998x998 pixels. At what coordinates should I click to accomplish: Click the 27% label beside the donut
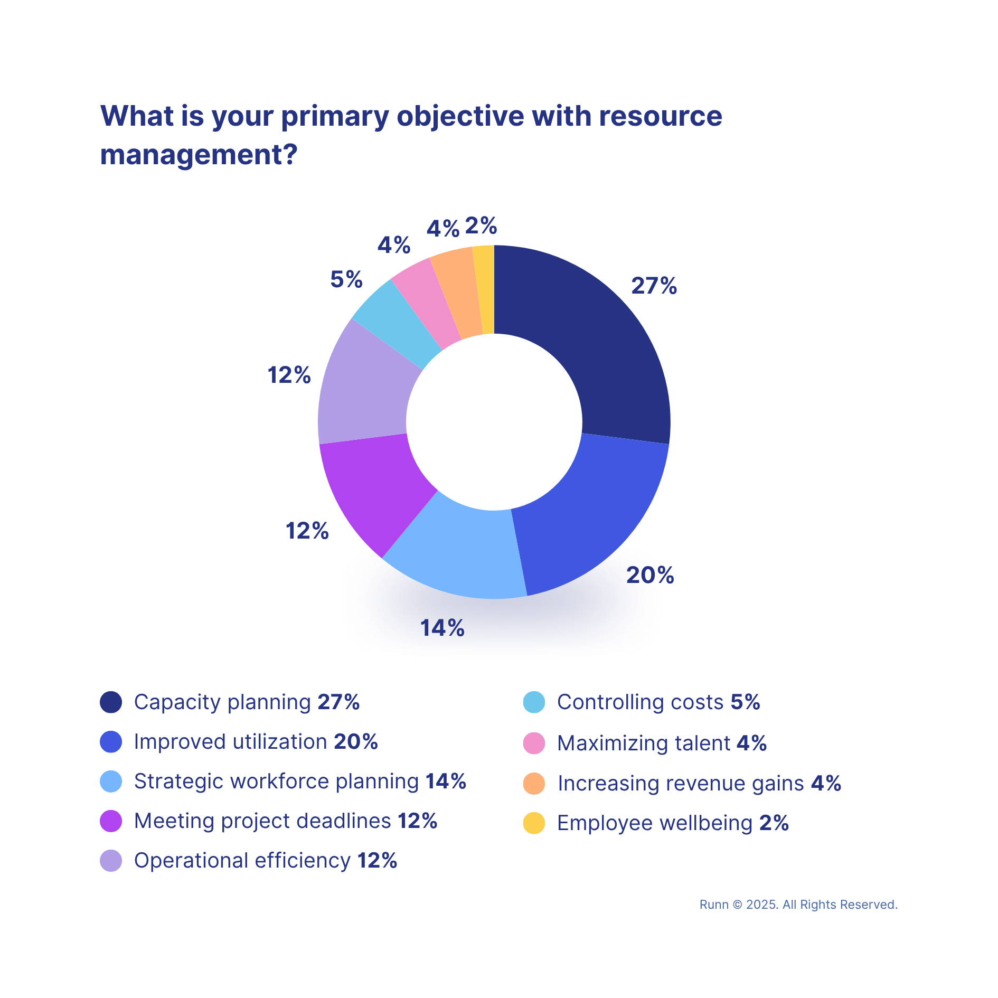coord(654,286)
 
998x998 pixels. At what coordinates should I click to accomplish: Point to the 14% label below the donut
coord(442,628)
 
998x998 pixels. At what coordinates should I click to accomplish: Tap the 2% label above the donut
coord(481,226)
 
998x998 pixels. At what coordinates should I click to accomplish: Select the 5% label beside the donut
coord(346,279)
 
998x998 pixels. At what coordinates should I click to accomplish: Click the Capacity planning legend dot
coord(111,702)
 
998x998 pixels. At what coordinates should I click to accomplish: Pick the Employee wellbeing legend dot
coord(534,823)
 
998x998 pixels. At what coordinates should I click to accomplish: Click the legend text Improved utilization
coord(230,741)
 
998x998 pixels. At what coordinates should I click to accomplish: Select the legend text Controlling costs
coord(640,702)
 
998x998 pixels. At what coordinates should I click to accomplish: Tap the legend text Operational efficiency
coord(242,860)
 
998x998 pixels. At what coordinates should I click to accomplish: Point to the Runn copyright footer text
coord(798,905)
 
